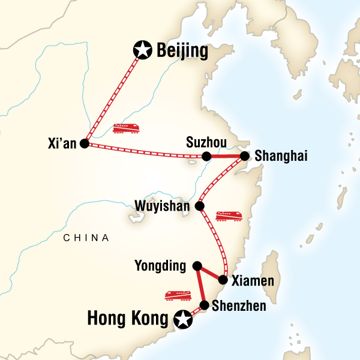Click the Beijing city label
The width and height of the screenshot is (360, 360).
pos(182,52)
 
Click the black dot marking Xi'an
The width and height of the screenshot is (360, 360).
pos(84,144)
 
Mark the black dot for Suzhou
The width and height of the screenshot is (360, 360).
pos(206,157)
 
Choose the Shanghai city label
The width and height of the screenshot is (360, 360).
pos(281,156)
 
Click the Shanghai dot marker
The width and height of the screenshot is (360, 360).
pos(245,156)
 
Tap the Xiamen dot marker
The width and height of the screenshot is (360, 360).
pos(223,280)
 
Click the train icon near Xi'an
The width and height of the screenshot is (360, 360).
pos(126,128)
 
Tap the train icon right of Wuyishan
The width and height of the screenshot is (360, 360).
pos(229,215)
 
